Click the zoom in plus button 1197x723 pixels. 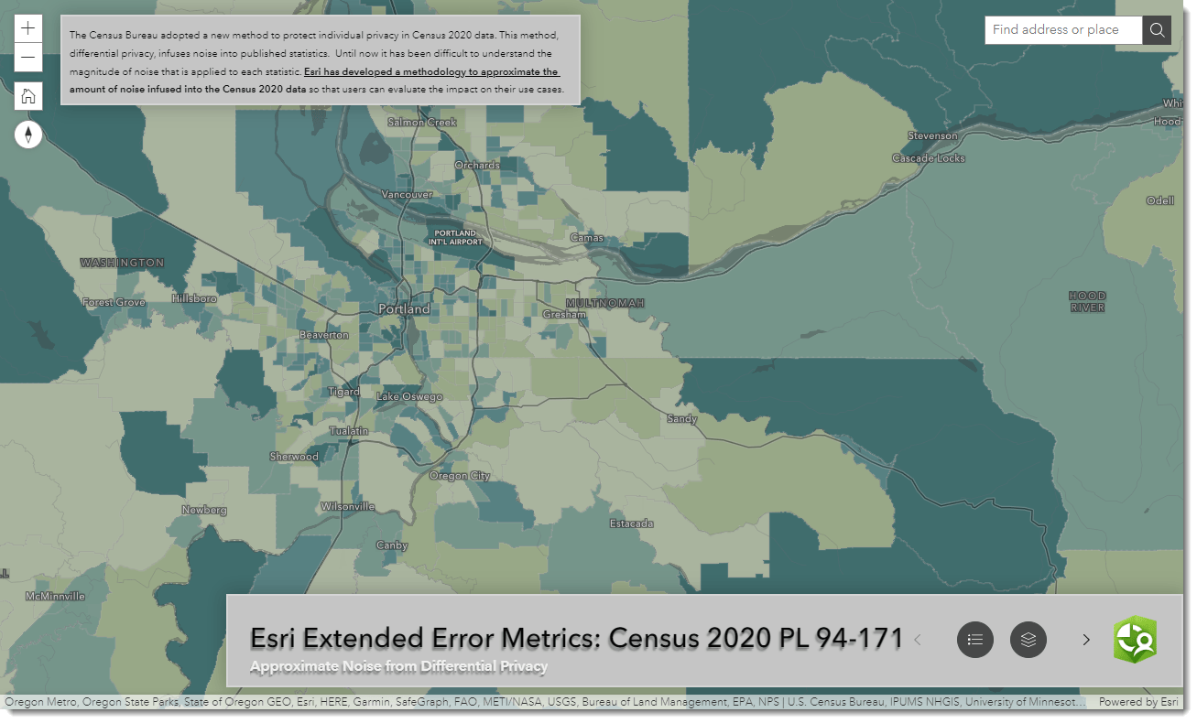coord(28,28)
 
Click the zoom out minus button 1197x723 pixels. coord(28,58)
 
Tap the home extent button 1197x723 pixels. coord(28,96)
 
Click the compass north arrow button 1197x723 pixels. coord(28,135)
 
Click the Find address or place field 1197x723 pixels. coord(1062,30)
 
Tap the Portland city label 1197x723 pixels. coord(404,309)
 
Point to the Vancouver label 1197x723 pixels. coord(407,195)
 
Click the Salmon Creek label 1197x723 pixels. coord(422,123)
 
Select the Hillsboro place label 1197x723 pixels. coord(193,299)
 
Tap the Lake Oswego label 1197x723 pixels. coord(409,397)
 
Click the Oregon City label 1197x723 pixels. coord(460,476)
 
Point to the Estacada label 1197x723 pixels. coord(632,523)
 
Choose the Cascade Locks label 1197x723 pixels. coord(929,158)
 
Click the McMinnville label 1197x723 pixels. coord(55,596)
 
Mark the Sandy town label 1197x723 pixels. coord(682,419)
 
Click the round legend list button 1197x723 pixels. coord(975,639)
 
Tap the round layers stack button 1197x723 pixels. coord(1028,639)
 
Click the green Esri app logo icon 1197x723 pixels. coord(1135,639)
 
